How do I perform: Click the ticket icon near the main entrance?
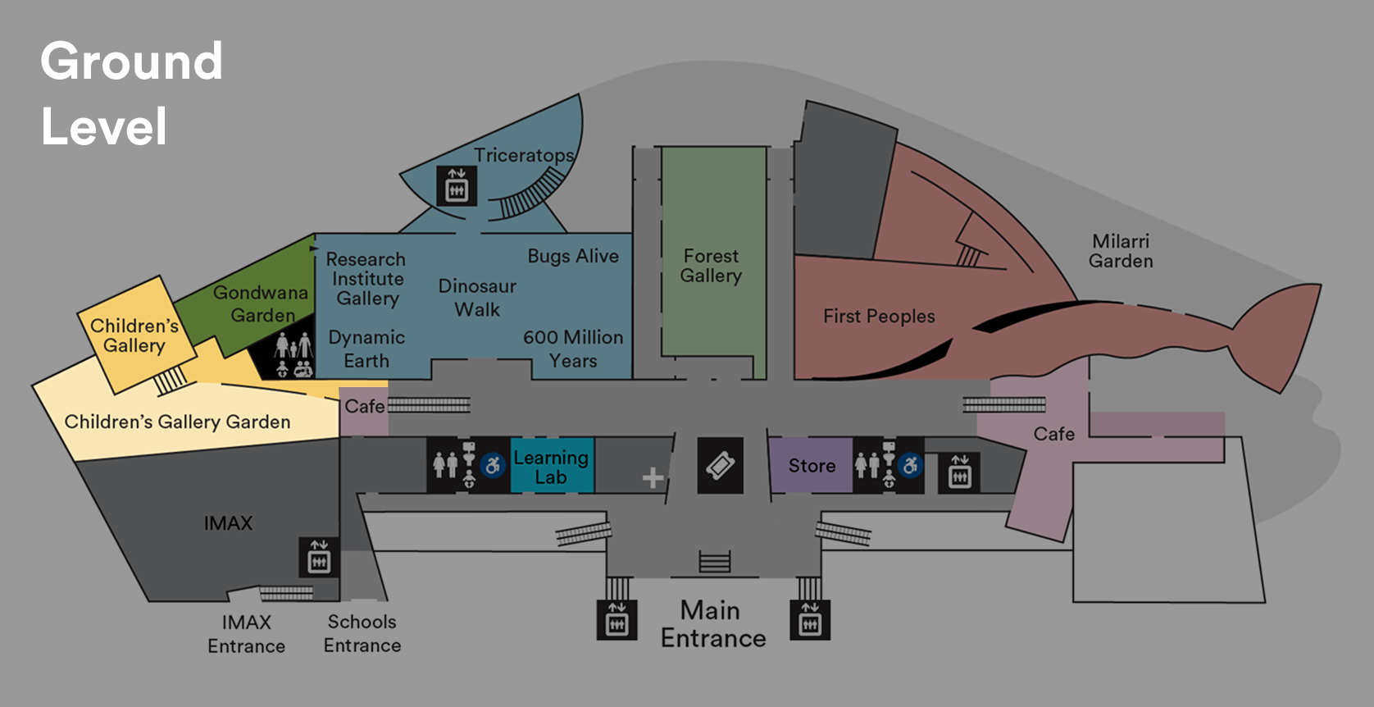tap(720, 466)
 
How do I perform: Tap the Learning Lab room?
tap(551, 467)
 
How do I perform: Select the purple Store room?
tap(810, 466)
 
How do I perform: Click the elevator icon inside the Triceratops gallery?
tap(456, 186)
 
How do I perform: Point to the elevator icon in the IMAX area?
tap(319, 557)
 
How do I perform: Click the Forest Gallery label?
tap(711, 266)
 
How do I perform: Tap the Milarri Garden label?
tap(1121, 251)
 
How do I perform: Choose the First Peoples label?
tap(879, 316)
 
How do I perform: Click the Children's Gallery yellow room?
tap(135, 335)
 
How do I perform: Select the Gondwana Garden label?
tap(261, 303)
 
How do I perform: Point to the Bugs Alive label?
tap(573, 256)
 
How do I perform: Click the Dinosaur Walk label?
tap(477, 298)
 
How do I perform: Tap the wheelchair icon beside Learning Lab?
tap(493, 466)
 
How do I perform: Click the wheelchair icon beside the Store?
tap(910, 466)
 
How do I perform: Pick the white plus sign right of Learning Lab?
tap(653, 477)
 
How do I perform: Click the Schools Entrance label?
tap(362, 633)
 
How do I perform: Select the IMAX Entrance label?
tap(246, 634)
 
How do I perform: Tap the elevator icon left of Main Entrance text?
tap(616, 621)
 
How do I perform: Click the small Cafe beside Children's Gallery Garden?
tap(363, 407)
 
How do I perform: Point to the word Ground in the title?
tap(131, 62)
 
